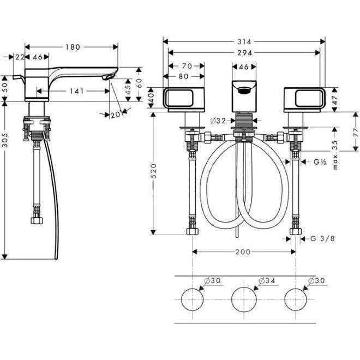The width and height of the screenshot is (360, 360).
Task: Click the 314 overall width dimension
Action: click(244, 42)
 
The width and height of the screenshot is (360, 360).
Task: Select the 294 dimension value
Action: click(244, 53)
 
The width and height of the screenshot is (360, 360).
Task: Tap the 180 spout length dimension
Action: click(73, 47)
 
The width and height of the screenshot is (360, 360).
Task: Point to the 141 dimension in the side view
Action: click(77, 91)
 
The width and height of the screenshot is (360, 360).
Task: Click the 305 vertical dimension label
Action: click(5, 140)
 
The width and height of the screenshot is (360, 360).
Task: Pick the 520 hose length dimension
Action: click(153, 171)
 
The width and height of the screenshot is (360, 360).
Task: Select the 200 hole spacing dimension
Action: click(243, 252)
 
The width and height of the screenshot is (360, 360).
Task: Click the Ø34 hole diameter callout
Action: click(267, 280)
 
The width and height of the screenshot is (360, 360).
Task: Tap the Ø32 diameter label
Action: click(218, 121)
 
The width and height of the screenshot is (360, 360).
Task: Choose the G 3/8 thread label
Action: click(322, 238)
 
